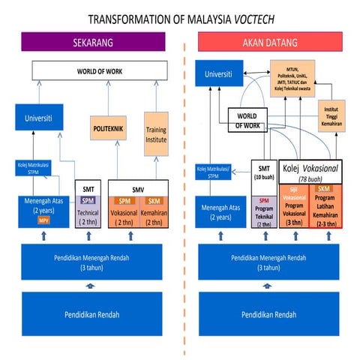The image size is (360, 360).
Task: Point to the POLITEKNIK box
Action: click(x=108, y=129)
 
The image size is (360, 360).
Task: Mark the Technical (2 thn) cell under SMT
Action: click(x=88, y=212)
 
